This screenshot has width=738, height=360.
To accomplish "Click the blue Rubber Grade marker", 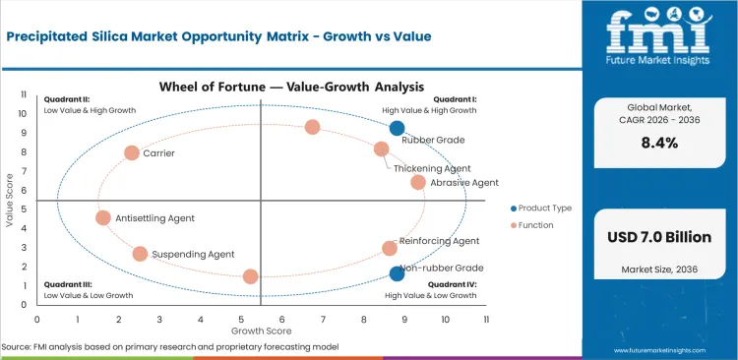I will [397, 128].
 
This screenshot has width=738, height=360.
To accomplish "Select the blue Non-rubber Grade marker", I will [397, 274].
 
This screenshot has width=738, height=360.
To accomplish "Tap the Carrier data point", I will [132, 153].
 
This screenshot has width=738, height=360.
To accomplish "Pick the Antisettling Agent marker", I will [103, 218].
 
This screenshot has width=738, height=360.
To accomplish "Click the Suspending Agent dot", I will [140, 254].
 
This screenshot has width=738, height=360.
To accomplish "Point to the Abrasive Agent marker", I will [418, 182].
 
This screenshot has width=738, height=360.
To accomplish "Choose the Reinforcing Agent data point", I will [390, 249].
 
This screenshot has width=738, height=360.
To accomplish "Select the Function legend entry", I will [537, 225].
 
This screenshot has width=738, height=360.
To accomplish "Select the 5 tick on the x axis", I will [241, 320].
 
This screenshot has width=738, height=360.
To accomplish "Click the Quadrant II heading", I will [67, 100].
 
